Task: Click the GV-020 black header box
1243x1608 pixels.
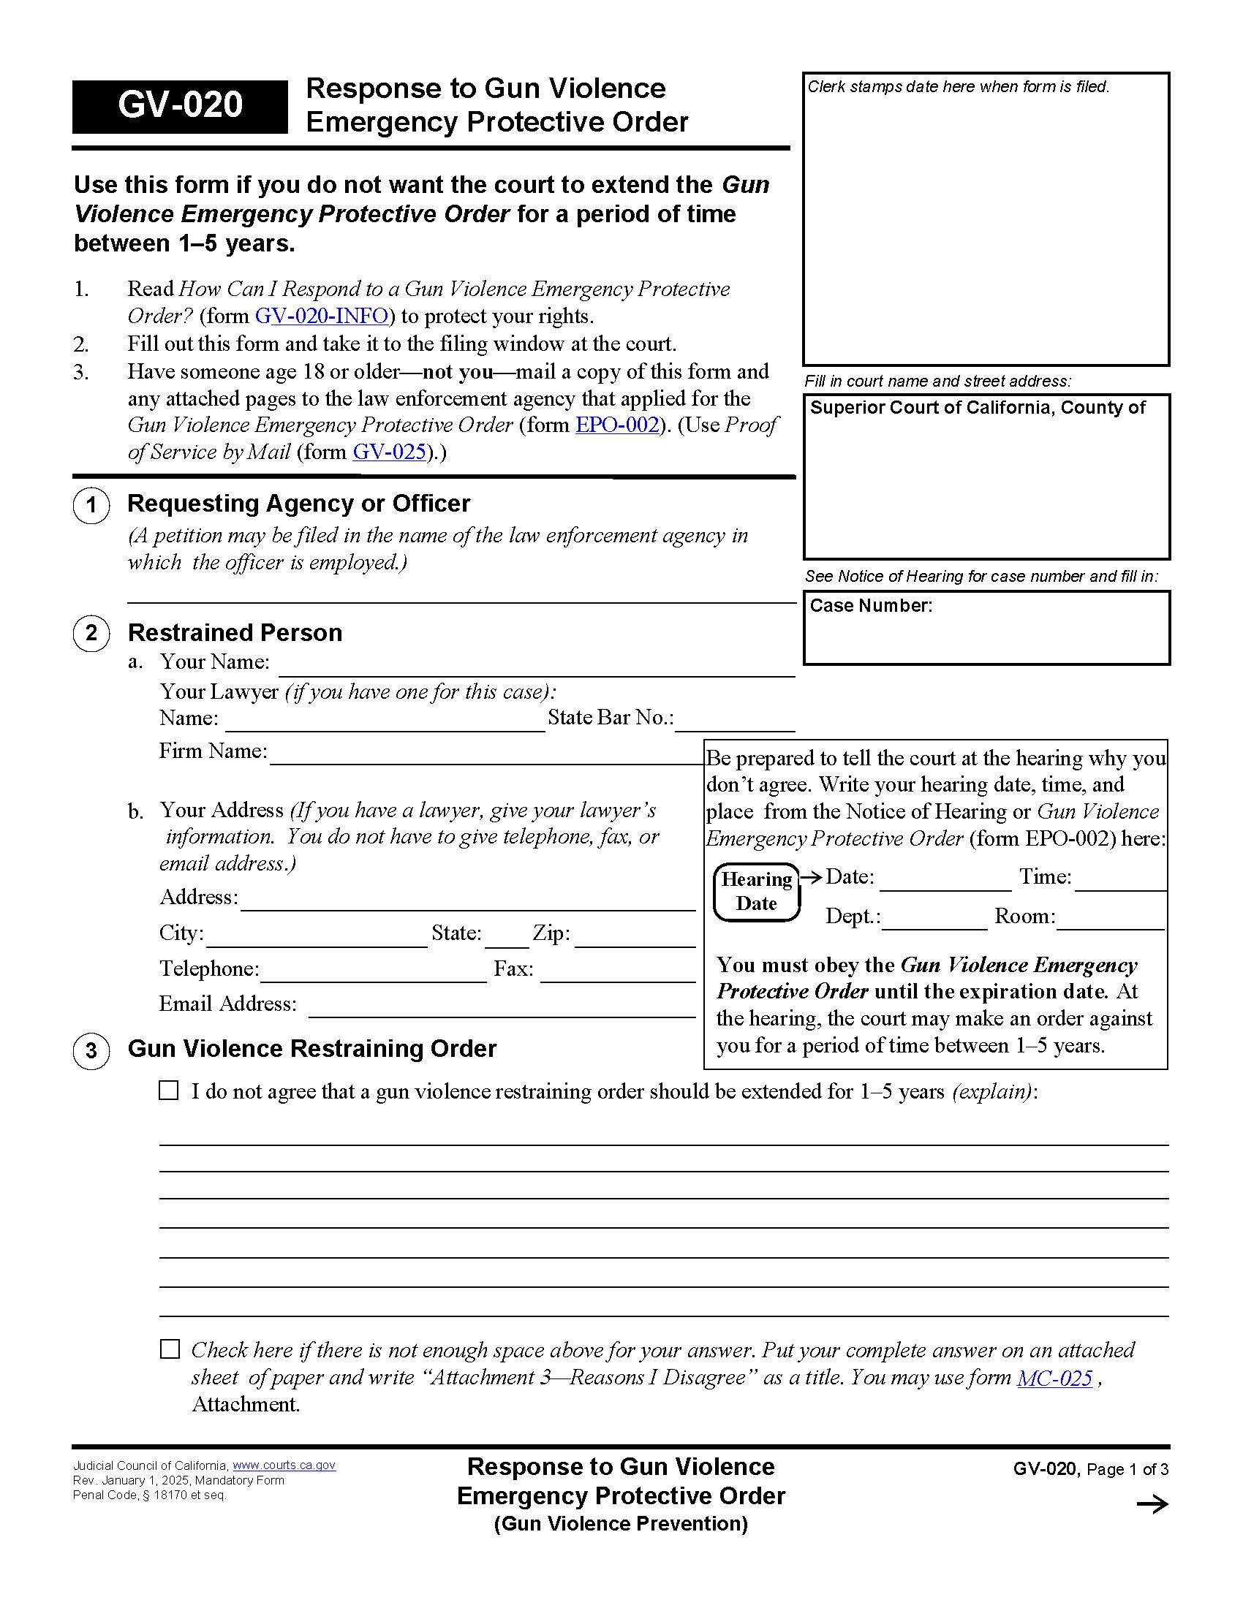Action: pyautogui.click(x=180, y=106)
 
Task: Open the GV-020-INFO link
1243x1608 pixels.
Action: pyautogui.click(x=321, y=316)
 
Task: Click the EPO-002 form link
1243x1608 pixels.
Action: pyautogui.click(x=616, y=425)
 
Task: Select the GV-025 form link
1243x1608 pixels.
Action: pyautogui.click(x=390, y=452)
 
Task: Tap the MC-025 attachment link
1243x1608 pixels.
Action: pyautogui.click(x=1054, y=1378)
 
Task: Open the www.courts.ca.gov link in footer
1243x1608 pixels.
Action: pyautogui.click(x=284, y=1465)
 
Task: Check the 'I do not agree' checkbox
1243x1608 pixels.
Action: pyautogui.click(x=169, y=1091)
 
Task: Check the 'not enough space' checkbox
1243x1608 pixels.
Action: pyautogui.click(x=170, y=1349)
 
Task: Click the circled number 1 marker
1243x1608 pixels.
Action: pyautogui.click(x=91, y=505)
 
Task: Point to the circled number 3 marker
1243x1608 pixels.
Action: pyautogui.click(x=91, y=1050)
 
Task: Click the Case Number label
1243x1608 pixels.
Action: pyautogui.click(x=870, y=606)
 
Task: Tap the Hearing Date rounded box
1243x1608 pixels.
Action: pyautogui.click(x=756, y=892)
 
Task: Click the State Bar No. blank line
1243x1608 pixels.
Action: pyautogui.click(x=735, y=721)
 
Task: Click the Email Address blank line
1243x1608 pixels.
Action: pyautogui.click(x=502, y=1007)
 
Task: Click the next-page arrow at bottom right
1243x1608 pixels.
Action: pyautogui.click(x=1152, y=1504)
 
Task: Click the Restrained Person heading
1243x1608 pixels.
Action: pyautogui.click(x=235, y=632)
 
